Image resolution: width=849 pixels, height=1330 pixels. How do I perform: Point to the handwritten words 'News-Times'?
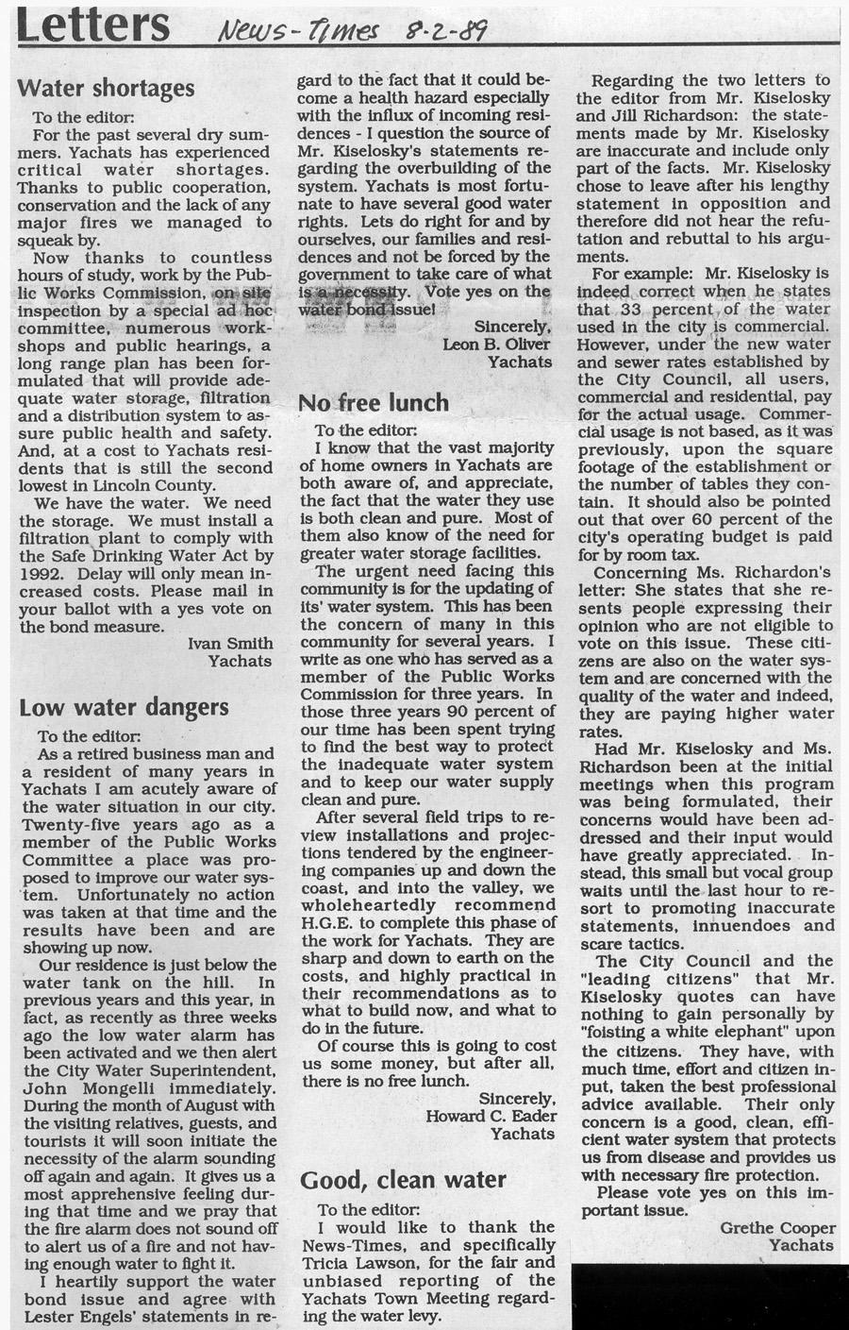[295, 34]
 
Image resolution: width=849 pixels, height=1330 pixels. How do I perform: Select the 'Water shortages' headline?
[107, 89]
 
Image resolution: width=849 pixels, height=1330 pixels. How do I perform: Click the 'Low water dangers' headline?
[124, 708]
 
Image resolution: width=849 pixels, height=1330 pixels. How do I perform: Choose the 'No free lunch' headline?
[374, 404]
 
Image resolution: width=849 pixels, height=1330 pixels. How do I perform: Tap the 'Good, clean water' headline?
[403, 1180]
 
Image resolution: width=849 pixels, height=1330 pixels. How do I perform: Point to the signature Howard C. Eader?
[491, 1116]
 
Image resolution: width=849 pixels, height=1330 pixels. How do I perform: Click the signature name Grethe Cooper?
[777, 1227]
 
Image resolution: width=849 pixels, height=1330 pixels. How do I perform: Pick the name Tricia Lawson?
[364, 1263]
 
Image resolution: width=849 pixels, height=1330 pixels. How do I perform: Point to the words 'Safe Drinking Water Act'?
[157, 556]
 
